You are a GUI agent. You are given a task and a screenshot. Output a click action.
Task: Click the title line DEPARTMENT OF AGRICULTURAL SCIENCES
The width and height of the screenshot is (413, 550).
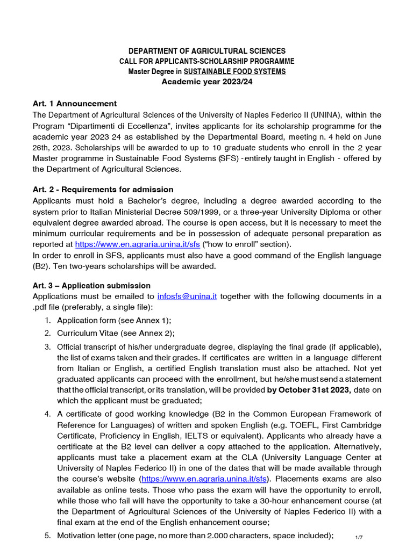coord(207,51)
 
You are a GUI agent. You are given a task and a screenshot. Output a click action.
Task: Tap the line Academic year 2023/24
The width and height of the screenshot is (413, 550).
coord(207,82)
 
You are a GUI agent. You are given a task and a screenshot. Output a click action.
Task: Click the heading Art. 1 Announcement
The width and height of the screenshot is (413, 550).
coord(75,104)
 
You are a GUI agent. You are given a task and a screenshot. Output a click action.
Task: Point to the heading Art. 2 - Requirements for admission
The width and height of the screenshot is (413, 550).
coord(103,190)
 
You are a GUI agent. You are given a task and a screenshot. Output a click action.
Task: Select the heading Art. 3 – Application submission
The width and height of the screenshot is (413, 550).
coord(91,286)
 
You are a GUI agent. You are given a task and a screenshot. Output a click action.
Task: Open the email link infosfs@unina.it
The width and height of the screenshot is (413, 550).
coord(187,296)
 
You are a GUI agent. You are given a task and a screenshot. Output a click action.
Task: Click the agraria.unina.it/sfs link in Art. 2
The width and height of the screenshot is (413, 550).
coord(138,244)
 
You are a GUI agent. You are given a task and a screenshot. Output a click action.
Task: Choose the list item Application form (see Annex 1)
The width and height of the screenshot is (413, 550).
coord(114,320)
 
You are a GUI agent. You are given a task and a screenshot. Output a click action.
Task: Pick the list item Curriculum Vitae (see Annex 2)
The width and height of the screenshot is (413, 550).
coord(116,333)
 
